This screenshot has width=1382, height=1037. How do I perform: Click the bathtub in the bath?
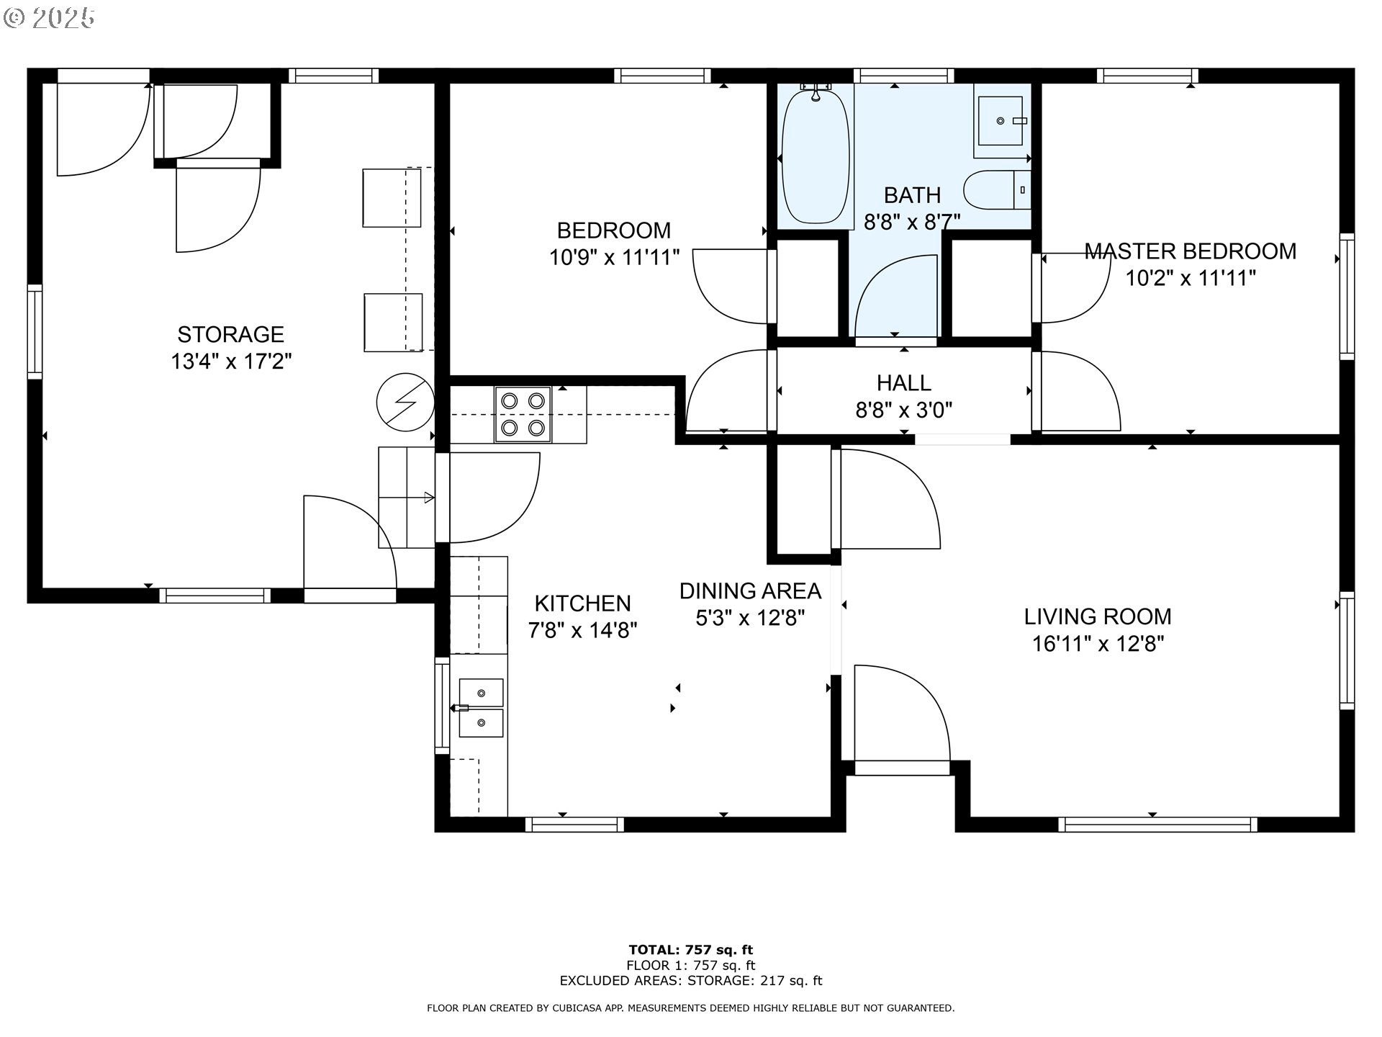pyautogui.click(x=816, y=156)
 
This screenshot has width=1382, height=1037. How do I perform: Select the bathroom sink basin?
pyautogui.click(x=1001, y=121)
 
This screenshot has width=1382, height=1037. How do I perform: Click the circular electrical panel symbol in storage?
pyautogui.click(x=405, y=402)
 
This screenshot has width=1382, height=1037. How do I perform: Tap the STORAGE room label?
pyautogui.click(x=231, y=334)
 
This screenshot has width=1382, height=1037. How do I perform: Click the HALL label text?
pyautogui.click(x=904, y=382)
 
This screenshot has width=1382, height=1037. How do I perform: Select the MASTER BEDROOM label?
pyautogui.click(x=1191, y=251)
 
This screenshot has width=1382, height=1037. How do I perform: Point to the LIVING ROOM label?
pyautogui.click(x=1098, y=616)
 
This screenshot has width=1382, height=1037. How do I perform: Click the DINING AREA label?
pyautogui.click(x=750, y=591)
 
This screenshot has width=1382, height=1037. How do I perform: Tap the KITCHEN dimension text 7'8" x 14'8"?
pyautogui.click(x=582, y=631)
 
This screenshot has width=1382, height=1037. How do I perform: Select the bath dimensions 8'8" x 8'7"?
pyautogui.click(x=912, y=223)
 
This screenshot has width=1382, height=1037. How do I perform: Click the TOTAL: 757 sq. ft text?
pyautogui.click(x=691, y=950)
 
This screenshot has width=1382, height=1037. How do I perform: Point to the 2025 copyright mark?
pyautogui.click(x=50, y=18)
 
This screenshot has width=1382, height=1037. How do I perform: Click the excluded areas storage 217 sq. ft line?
pyautogui.click(x=691, y=981)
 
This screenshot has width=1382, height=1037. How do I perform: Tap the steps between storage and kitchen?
pyautogui.click(x=407, y=497)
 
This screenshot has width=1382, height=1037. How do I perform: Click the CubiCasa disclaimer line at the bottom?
pyautogui.click(x=691, y=1008)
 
